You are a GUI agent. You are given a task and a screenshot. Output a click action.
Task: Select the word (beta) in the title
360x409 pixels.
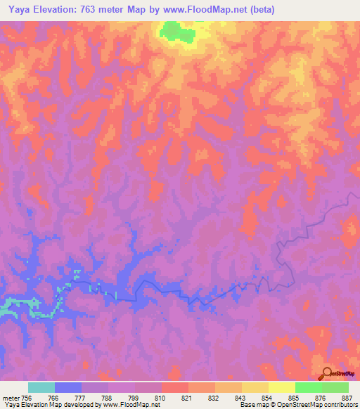click(x=259, y=10)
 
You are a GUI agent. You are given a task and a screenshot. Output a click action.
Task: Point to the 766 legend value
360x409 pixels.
click(x=53, y=397)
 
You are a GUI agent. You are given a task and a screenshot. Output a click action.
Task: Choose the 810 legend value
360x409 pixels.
click(x=161, y=397)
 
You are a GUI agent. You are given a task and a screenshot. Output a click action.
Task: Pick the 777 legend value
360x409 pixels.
click(x=80, y=397)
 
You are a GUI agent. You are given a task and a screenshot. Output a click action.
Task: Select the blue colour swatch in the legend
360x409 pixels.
click(x=67, y=387)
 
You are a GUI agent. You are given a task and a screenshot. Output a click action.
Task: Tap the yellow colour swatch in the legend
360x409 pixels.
click(x=281, y=387)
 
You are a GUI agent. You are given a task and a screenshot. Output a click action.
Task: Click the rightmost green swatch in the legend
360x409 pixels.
click(x=335, y=387)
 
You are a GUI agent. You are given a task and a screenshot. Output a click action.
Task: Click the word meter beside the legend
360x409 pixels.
click(x=11, y=397)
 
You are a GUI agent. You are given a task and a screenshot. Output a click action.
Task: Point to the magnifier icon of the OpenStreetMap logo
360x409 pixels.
click(x=326, y=373)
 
